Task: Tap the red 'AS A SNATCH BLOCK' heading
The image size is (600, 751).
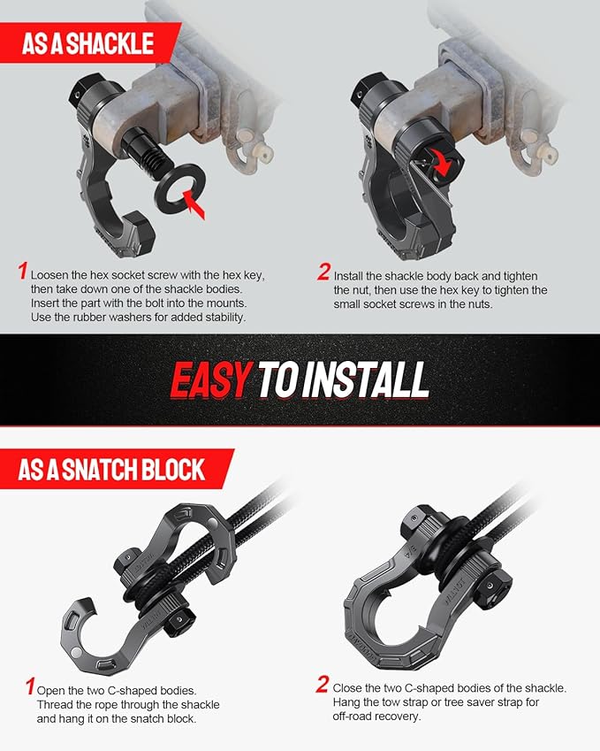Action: tap(111, 469)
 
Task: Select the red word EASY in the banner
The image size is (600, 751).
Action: tap(210, 379)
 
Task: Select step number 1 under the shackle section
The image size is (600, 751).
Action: tap(24, 272)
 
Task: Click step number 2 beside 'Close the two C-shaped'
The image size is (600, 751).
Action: tap(323, 684)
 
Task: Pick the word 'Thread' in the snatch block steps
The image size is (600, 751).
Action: tap(57, 704)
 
